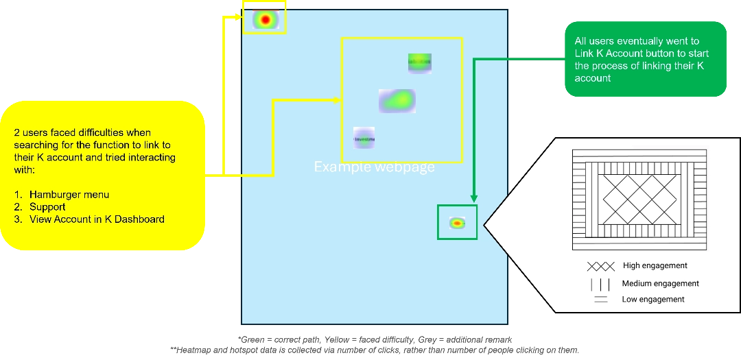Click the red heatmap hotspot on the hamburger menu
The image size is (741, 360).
pyautogui.click(x=265, y=20)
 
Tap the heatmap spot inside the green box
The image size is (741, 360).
pyautogui.click(x=457, y=223)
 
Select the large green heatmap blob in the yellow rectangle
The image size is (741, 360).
pyautogui.click(x=397, y=101)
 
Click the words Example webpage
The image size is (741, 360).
pyautogui.click(x=374, y=167)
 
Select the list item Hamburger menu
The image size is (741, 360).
pyautogui.click(x=69, y=195)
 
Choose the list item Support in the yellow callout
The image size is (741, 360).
pyautogui.click(x=47, y=207)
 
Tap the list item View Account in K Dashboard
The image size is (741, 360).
pyautogui.click(x=97, y=219)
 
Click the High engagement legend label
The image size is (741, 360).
pyautogui.click(x=655, y=265)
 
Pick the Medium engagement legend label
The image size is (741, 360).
pyautogui.click(x=660, y=283)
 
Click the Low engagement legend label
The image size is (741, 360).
pyautogui.click(x=652, y=299)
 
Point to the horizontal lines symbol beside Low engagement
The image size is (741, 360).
pyautogui.click(x=600, y=299)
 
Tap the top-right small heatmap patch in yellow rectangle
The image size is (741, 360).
pyautogui.click(x=419, y=62)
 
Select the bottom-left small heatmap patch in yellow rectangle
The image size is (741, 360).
pyautogui.click(x=364, y=138)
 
